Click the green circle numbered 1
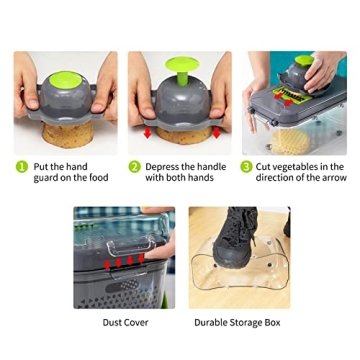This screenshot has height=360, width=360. point(21,167)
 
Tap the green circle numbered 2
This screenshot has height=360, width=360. point(134,167)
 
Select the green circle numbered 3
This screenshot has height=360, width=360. point(245,167)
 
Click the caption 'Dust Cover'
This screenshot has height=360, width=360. point(125,322)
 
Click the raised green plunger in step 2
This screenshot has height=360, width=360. point(179,68)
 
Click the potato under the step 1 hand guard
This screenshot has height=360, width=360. point(65,130)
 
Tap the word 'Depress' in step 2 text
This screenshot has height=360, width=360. point(161,167)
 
